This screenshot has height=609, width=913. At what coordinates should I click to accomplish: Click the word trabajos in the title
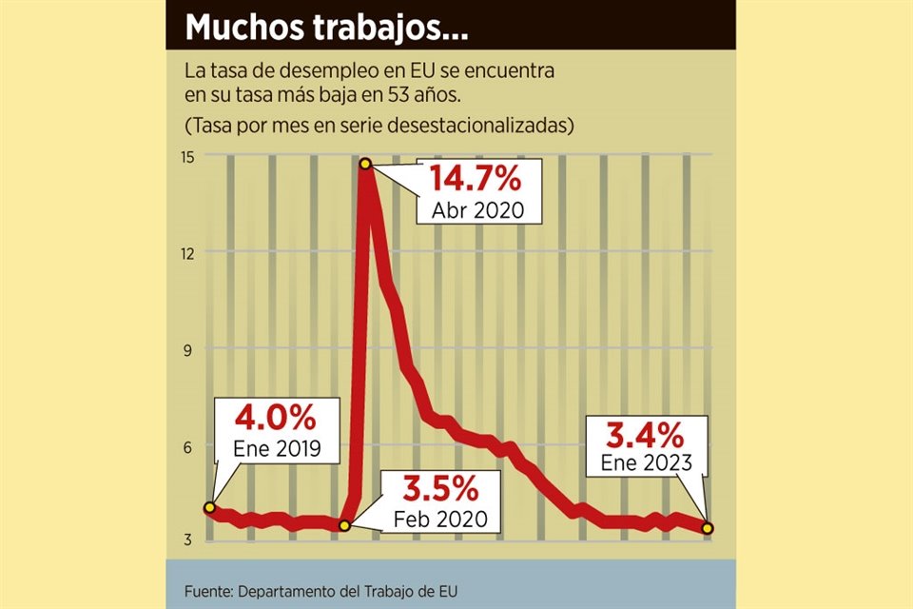coord(376,29)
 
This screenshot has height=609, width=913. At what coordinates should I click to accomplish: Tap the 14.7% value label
coord(475,179)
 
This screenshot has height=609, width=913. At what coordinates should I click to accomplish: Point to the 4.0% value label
coord(276,418)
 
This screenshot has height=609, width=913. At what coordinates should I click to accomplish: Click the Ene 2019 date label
coord(277,448)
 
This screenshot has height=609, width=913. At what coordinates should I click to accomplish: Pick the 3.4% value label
coord(646,436)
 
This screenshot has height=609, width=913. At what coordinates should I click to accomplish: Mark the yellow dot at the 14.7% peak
coord(365,165)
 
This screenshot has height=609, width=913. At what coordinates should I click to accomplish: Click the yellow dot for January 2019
coord(209,507)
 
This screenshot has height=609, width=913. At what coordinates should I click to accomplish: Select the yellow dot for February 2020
coord(345,525)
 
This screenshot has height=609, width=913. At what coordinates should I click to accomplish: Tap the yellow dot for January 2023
coord(709,528)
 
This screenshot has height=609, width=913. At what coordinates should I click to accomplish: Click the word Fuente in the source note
coord(209,591)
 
